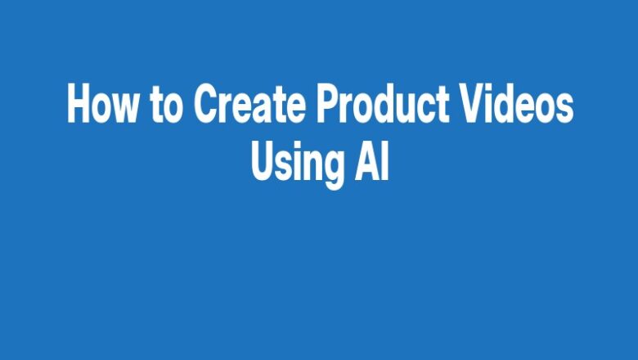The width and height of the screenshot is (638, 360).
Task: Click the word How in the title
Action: coord(102,105)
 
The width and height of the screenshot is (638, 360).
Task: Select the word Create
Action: coord(249,105)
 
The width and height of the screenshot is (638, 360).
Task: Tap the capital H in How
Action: coord(79,105)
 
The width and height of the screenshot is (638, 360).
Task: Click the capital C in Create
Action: coord(205,105)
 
